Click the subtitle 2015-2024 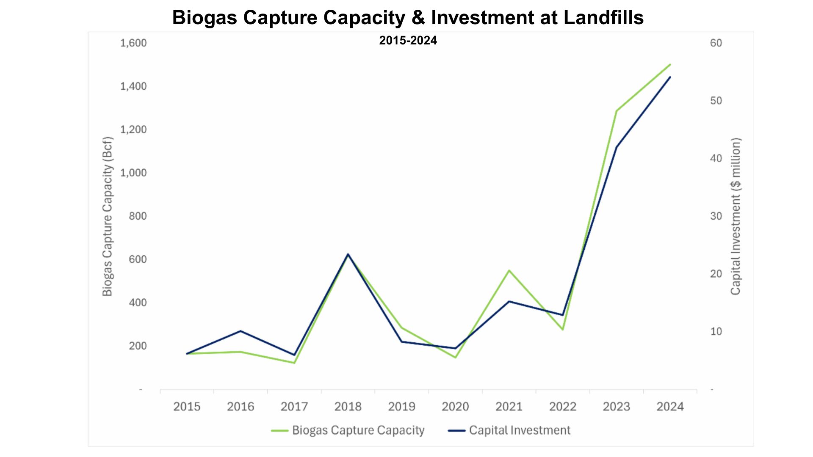tap(408, 41)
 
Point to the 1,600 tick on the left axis tap(133, 43)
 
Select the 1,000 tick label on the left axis tap(133, 173)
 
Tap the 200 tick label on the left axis tap(138, 346)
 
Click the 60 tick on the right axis tap(716, 43)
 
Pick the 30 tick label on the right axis tap(716, 216)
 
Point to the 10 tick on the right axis tap(716, 332)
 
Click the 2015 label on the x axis tap(187, 407)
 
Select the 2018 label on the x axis tap(348, 407)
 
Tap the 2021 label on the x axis tap(509, 407)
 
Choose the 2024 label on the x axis tap(670, 407)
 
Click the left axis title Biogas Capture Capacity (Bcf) tap(108, 216)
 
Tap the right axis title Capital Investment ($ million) tap(736, 216)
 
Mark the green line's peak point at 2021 tap(509, 270)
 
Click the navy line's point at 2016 tap(241, 331)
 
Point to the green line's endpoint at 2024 tap(670, 65)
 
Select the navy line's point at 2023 tap(617, 147)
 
